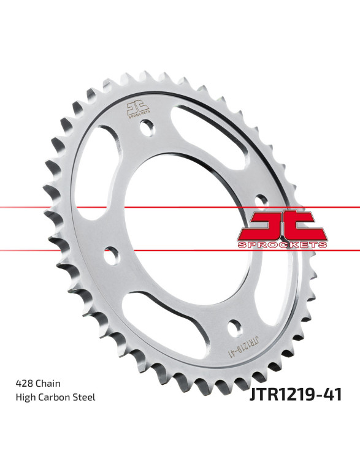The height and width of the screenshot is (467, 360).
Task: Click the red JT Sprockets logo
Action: [282, 229]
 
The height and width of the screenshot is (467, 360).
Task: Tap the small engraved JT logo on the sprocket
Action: [138, 109]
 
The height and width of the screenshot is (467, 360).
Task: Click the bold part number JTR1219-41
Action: [296, 395]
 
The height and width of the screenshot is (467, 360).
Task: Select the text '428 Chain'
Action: [38, 383]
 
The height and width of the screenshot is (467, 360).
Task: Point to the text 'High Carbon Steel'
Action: [55, 397]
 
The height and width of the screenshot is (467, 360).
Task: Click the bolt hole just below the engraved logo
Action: [147, 128]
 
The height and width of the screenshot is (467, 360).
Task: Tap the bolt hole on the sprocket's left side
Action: [111, 256]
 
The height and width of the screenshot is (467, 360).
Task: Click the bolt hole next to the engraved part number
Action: [235, 329]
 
